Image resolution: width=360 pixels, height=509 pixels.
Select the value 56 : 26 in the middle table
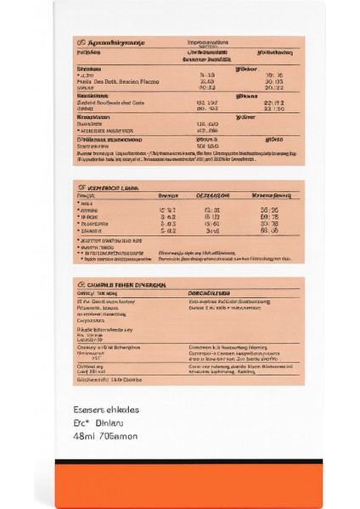[270, 208]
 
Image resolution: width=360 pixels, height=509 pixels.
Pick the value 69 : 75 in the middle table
[270, 215]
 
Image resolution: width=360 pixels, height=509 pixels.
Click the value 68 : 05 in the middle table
[270, 230]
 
